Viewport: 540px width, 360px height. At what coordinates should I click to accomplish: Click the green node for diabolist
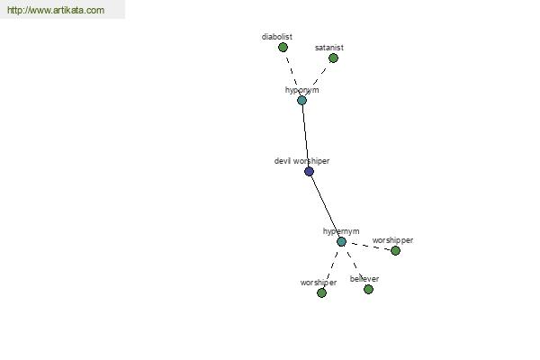click(283, 47)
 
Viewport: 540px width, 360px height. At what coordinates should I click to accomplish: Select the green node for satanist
click(333, 58)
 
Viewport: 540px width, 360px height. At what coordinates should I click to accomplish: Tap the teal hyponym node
click(301, 100)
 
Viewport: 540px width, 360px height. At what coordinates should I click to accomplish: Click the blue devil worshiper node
click(309, 171)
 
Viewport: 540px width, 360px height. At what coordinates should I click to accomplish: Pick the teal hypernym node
click(341, 241)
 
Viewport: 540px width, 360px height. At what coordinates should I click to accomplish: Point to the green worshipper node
click(395, 250)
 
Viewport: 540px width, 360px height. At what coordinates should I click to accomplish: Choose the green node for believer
click(368, 289)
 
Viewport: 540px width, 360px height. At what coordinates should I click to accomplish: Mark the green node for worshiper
click(321, 292)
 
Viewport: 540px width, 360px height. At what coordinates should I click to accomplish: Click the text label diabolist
click(277, 37)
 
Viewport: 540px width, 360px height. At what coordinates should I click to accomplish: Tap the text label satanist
click(328, 48)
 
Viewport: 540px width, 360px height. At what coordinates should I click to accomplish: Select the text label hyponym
click(301, 90)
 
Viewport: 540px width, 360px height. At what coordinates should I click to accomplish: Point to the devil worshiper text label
click(301, 161)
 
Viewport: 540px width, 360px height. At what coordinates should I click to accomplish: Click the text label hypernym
click(341, 231)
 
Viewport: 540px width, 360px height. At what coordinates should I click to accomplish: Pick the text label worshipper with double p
click(392, 240)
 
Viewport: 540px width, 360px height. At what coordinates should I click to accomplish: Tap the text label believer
click(364, 279)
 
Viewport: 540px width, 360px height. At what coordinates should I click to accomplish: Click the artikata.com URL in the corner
click(56, 10)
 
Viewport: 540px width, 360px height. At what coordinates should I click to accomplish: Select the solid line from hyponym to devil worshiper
click(305, 136)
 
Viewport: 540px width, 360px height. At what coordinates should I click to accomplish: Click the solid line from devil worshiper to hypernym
click(325, 206)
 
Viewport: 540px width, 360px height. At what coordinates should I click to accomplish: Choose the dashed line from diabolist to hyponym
click(292, 74)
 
